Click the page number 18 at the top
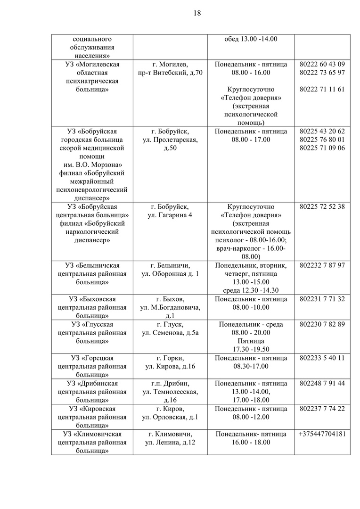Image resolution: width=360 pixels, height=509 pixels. (197, 13)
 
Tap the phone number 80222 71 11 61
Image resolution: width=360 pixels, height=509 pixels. (322, 89)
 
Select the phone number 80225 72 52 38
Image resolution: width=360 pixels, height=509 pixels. (322, 207)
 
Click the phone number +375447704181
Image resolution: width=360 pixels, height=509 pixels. (322, 434)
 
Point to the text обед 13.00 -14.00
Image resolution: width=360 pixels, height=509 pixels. (251, 39)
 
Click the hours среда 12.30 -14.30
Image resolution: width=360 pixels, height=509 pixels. (251, 290)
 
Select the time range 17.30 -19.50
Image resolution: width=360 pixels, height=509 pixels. (251, 349)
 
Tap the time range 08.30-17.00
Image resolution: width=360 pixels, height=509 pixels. (251, 366)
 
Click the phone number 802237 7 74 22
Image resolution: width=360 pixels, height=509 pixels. (322, 409)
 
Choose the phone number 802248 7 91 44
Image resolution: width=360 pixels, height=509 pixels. (322, 383)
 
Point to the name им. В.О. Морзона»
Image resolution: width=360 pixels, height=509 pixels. (89, 164)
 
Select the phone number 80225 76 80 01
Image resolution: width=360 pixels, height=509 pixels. (322, 140)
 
